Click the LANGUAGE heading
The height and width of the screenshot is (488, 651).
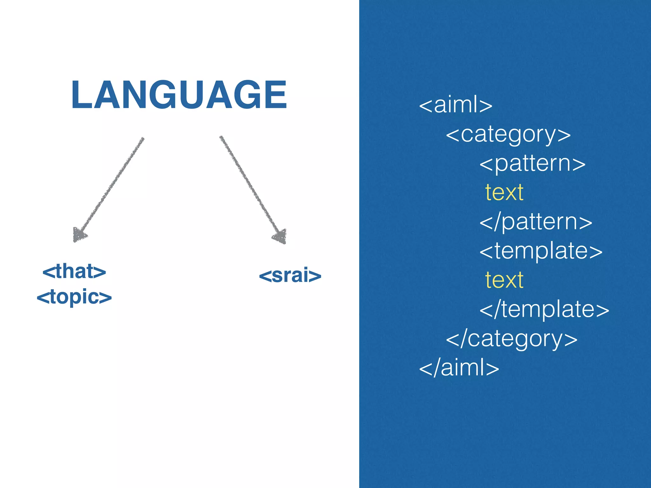click(x=179, y=95)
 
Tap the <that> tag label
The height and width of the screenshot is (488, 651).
click(x=74, y=272)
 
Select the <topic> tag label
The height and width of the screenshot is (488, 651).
click(x=74, y=297)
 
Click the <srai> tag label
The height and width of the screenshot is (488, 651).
click(x=290, y=275)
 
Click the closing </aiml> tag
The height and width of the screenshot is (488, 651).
click(x=459, y=368)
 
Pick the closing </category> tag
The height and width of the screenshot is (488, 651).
click(x=511, y=339)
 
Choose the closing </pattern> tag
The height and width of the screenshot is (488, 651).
click(x=536, y=222)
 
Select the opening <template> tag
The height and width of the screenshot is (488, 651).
click(x=541, y=251)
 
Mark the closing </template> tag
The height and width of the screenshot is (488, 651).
click(x=544, y=309)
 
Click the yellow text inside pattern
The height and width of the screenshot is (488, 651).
click(x=504, y=193)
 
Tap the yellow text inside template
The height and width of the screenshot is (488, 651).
click(x=504, y=280)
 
